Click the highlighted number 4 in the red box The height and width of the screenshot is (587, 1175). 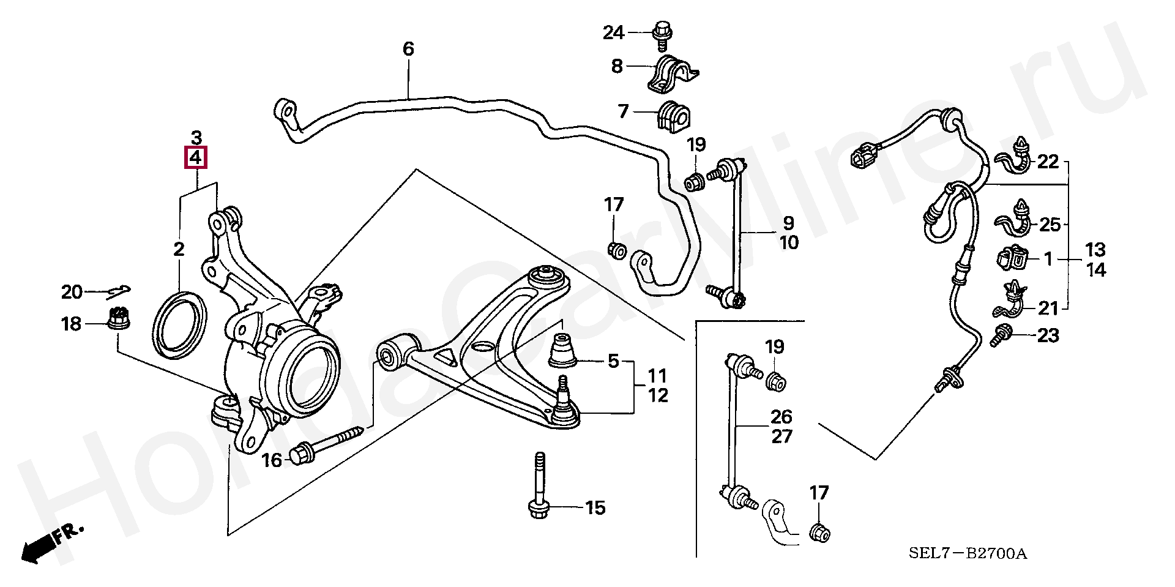pyautogui.click(x=196, y=158)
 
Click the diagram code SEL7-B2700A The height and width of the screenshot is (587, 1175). pyautogui.click(x=967, y=554)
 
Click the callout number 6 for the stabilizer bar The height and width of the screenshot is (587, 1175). pyautogui.click(x=408, y=49)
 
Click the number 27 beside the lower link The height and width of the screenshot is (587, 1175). pyautogui.click(x=781, y=436)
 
